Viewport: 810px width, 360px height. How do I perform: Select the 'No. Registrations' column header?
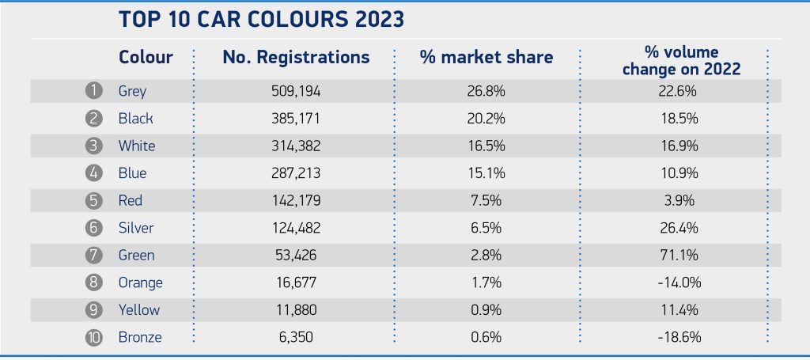pyautogui.click(x=295, y=58)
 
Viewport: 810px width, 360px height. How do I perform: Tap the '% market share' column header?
pyautogui.click(x=486, y=58)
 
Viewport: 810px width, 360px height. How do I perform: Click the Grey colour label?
pyautogui.click(x=132, y=91)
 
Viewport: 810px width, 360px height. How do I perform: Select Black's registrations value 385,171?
pyautogui.click(x=295, y=119)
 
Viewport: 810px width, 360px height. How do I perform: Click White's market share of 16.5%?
pyautogui.click(x=486, y=146)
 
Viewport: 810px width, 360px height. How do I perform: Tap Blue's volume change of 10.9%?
pyautogui.click(x=680, y=173)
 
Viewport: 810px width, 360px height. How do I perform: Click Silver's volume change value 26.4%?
pyautogui.click(x=680, y=228)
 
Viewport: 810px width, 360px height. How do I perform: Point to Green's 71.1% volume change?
pyautogui.click(x=680, y=256)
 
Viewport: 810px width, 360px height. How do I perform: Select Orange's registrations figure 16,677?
pyautogui.click(x=295, y=282)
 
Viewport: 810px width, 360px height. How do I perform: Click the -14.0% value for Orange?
pyautogui.click(x=680, y=282)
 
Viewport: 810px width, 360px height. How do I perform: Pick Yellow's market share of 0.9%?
pyautogui.click(x=486, y=310)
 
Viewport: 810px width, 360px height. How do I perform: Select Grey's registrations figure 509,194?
pyautogui.click(x=295, y=91)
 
